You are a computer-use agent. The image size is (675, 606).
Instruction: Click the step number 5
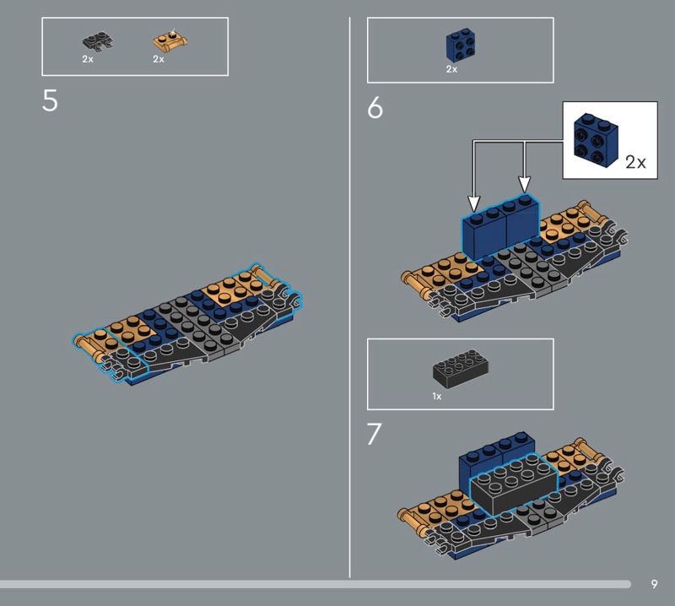pyautogui.click(x=50, y=100)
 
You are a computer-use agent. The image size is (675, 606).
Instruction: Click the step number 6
pyautogui.click(x=375, y=107)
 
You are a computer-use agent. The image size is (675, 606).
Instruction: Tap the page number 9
pyautogui.click(x=655, y=584)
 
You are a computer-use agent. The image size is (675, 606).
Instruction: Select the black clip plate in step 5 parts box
pyautogui.click(x=98, y=41)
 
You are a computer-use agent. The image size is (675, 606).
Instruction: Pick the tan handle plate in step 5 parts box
pyautogui.click(x=170, y=41)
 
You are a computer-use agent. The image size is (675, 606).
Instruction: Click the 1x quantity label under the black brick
pyautogui.click(x=437, y=396)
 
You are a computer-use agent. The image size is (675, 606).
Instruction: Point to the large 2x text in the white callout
pyautogui.click(x=635, y=162)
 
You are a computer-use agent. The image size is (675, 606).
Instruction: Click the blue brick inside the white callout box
pyautogui.click(x=597, y=140)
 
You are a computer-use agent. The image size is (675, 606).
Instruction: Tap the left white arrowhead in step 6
pyautogui.click(x=474, y=203)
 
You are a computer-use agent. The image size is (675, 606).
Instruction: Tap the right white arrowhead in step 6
pyautogui.click(x=524, y=185)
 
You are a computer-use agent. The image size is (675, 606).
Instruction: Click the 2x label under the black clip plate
pyautogui.click(x=88, y=59)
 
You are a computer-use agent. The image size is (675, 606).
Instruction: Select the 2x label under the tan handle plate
pyautogui.click(x=159, y=59)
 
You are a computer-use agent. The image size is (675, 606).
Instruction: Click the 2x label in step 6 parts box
pyautogui.click(x=451, y=69)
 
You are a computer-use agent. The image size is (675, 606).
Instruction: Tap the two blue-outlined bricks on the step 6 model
pyautogui.click(x=500, y=228)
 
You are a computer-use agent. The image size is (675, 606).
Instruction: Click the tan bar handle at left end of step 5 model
pyautogui.click(x=85, y=347)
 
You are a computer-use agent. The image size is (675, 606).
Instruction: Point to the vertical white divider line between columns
pyautogui.click(x=349, y=297)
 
